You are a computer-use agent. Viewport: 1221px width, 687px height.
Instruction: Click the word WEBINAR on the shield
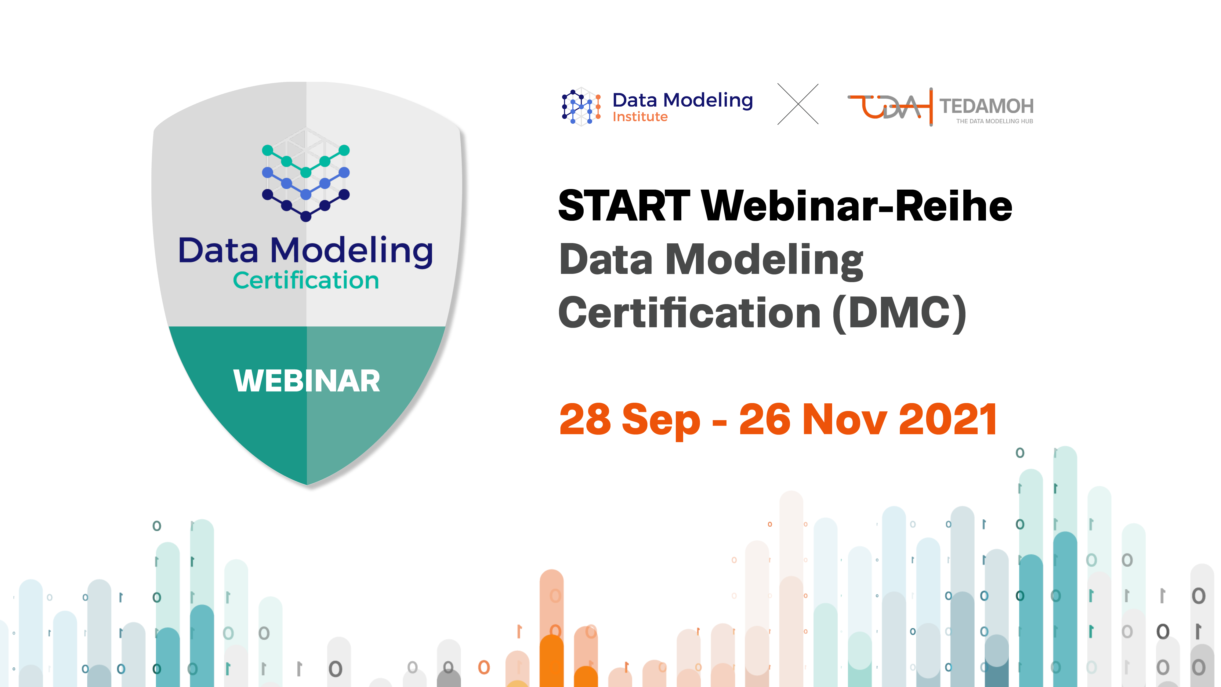pos(307,381)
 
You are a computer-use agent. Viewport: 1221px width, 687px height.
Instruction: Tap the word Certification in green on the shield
pos(306,280)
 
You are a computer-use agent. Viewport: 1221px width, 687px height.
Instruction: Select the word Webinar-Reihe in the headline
pos(857,206)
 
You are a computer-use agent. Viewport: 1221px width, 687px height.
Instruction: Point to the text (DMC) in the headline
pos(899,313)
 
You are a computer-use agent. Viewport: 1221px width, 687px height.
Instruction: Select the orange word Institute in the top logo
pos(640,117)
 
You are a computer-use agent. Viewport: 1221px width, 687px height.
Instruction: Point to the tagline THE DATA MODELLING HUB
pos(995,122)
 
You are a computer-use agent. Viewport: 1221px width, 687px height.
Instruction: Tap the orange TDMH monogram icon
pos(890,107)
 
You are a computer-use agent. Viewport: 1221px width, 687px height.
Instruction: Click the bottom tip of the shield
pos(307,485)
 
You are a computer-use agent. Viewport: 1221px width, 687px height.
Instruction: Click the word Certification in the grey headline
pos(689,313)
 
